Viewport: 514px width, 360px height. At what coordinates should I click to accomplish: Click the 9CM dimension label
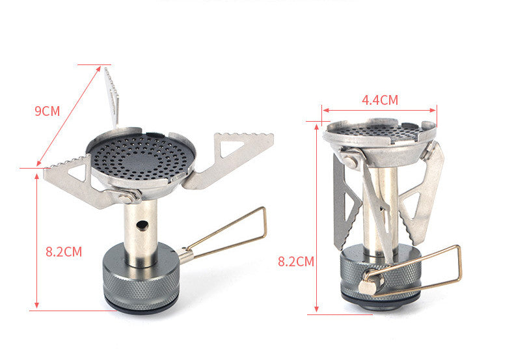(x=47, y=111)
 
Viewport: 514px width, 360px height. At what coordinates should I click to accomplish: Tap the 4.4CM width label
(x=379, y=100)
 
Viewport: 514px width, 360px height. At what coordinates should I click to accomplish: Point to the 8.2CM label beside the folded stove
(x=296, y=262)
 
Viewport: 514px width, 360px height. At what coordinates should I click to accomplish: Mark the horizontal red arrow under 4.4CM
(x=379, y=110)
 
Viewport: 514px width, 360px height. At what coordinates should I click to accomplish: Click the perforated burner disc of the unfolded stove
(x=141, y=156)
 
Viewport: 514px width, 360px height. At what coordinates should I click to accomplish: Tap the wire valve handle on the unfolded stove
(x=228, y=234)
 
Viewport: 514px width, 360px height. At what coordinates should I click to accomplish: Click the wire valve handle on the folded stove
(x=416, y=273)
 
